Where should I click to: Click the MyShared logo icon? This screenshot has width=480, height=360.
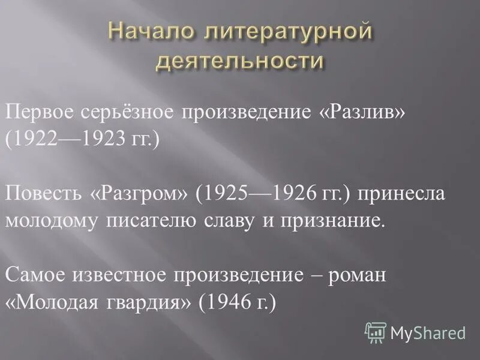[375, 332]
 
